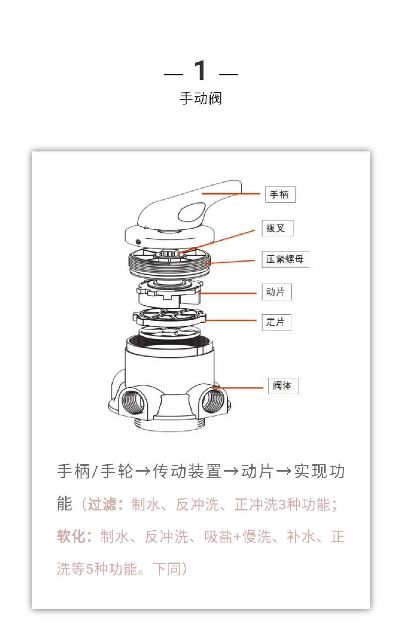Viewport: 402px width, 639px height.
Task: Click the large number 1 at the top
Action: click(x=201, y=71)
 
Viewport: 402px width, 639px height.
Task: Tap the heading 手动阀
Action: click(x=201, y=98)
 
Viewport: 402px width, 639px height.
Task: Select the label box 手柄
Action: click(x=280, y=195)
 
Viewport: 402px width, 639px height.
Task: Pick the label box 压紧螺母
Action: click(x=285, y=259)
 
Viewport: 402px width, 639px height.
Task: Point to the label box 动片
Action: click(x=276, y=292)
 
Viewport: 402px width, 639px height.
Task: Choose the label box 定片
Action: click(x=276, y=322)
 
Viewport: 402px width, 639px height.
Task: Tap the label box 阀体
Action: click(x=283, y=385)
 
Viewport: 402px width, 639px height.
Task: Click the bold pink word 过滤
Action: click(x=102, y=505)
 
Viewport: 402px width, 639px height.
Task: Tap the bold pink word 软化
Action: click(x=70, y=537)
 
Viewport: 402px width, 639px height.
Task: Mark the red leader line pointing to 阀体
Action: click(x=241, y=387)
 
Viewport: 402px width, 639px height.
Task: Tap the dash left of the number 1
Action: click(x=173, y=75)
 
